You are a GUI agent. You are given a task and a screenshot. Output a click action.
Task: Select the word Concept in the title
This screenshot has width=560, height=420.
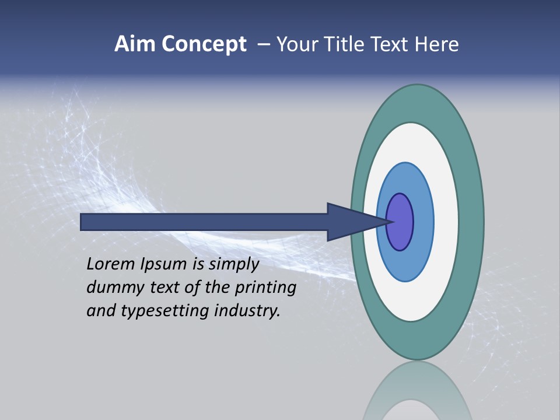204,45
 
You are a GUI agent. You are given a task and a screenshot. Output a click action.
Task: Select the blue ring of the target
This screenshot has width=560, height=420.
422,222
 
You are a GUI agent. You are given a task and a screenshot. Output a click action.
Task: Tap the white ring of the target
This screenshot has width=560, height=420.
446,222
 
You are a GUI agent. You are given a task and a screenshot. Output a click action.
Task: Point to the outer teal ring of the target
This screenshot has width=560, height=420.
471,222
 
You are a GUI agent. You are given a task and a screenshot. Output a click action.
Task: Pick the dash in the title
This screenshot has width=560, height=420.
263,45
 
